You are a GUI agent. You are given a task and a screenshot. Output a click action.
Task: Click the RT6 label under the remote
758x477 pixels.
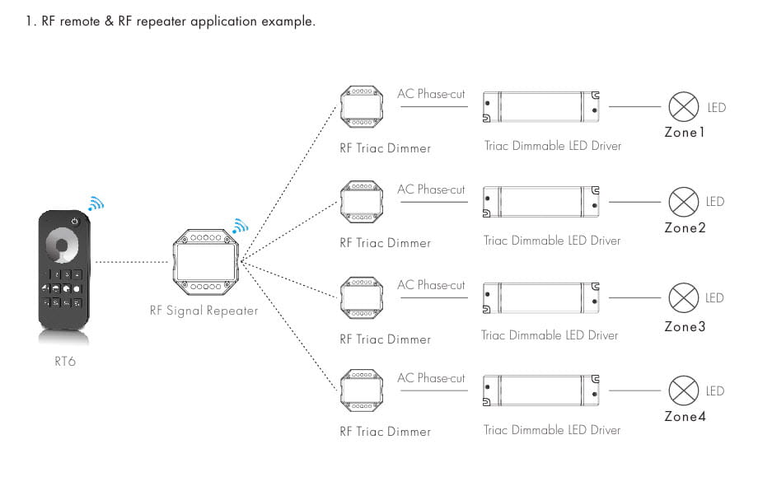click(x=63, y=360)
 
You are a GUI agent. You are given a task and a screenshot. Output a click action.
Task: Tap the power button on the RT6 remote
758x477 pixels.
click(x=75, y=221)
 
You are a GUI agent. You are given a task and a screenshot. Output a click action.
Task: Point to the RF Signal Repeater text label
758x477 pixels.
click(x=204, y=311)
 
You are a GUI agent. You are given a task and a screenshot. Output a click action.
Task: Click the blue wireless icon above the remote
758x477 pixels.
click(x=96, y=203)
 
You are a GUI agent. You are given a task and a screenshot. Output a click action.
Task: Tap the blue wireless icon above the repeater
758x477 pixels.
click(x=240, y=226)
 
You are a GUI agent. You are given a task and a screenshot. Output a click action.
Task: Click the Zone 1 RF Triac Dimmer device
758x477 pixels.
click(x=362, y=107)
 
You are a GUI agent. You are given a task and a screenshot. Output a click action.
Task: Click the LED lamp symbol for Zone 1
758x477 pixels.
click(x=682, y=106)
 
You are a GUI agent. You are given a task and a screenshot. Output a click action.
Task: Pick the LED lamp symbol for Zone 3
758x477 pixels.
click(x=682, y=297)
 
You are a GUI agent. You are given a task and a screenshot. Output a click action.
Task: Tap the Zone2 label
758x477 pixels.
click(x=685, y=227)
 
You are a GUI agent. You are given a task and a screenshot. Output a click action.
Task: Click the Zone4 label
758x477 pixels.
click(x=685, y=417)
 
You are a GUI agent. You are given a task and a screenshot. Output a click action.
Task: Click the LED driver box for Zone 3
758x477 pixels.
click(x=540, y=297)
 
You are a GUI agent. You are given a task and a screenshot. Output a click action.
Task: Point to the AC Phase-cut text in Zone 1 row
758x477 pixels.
click(x=431, y=94)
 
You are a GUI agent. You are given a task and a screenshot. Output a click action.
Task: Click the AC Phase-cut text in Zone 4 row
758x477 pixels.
click(x=431, y=378)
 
